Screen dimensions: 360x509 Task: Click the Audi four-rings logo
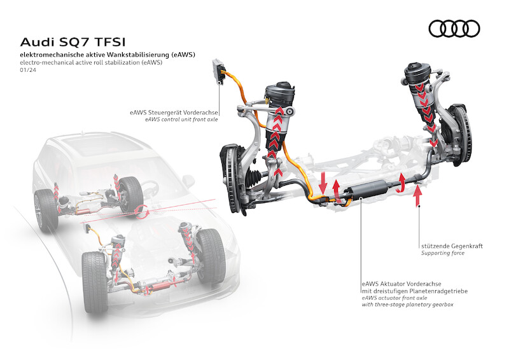[x=454, y=28]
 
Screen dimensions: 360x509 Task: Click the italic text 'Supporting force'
[x=443, y=253]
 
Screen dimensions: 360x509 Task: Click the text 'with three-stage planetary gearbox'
[x=408, y=305]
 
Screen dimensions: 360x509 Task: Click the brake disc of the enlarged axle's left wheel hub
[x=230, y=174]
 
